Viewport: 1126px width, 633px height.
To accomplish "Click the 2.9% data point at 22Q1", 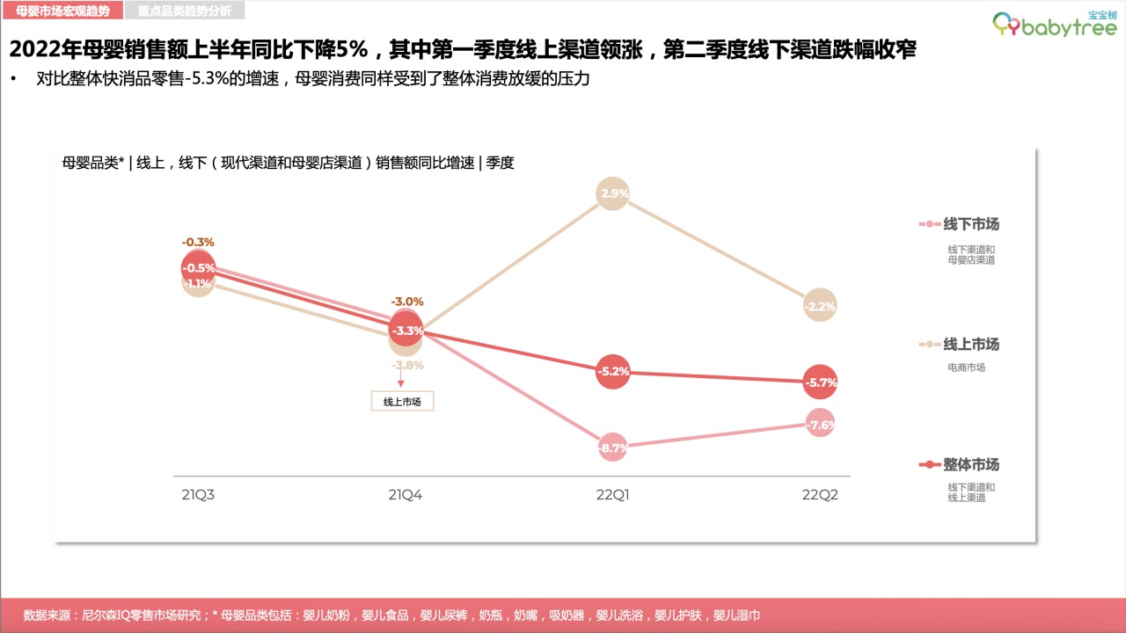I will click(x=612, y=193).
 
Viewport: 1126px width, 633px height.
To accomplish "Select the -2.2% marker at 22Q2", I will click(x=819, y=306).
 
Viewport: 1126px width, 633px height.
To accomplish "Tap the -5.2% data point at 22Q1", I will click(x=612, y=372).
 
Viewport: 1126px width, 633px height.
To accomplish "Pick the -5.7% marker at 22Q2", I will click(x=819, y=382).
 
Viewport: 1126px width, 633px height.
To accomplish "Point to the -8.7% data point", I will click(x=612, y=447).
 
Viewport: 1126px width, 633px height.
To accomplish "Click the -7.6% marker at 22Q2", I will click(x=819, y=425).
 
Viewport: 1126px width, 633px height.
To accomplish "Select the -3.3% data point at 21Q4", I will click(x=406, y=331).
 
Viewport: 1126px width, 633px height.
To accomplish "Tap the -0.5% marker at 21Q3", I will click(x=199, y=268).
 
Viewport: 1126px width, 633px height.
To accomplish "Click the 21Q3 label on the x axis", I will click(x=199, y=495).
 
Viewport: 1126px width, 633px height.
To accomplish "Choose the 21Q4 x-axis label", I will click(x=406, y=495).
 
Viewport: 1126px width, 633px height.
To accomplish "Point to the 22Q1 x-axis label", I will click(x=612, y=495).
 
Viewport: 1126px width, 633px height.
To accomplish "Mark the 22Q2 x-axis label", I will click(x=819, y=495).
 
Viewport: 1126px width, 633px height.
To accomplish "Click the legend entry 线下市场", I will click(x=970, y=224).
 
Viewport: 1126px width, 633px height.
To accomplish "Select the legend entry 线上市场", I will click(x=970, y=344).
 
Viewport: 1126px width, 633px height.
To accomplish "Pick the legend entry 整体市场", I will click(x=970, y=464).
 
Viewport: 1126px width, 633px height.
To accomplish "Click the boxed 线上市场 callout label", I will click(x=403, y=402).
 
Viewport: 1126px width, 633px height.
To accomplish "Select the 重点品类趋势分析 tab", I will click(x=184, y=11).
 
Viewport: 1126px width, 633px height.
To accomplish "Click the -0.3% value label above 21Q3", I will click(x=198, y=242).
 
